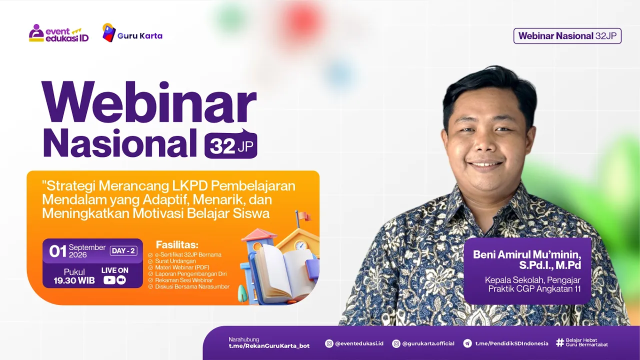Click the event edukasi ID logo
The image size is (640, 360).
tap(59, 33)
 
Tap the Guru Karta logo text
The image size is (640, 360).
tap(140, 35)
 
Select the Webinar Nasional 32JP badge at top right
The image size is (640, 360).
tap(567, 36)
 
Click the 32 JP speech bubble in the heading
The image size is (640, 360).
tap(231, 144)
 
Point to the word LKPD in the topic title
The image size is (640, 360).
tap(189, 186)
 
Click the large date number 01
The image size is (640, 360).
tap(57, 251)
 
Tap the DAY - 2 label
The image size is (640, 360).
tap(123, 251)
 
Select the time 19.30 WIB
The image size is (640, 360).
tap(74, 280)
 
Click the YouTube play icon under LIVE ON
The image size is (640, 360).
tap(109, 280)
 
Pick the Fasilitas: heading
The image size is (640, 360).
tap(177, 244)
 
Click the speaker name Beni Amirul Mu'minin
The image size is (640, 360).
tap(527, 254)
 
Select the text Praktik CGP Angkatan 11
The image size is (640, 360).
tap(534, 289)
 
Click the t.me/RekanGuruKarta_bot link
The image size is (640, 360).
tap(269, 346)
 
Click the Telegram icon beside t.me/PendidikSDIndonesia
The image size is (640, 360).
tap(467, 343)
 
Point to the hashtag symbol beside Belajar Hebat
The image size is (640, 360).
tap(560, 342)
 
